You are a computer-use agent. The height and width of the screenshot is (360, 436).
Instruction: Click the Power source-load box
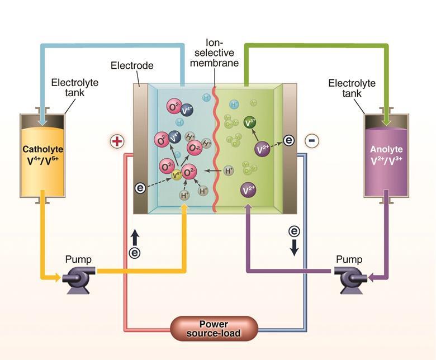click(x=214, y=329)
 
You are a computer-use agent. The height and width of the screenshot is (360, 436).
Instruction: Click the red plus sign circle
click(x=117, y=141)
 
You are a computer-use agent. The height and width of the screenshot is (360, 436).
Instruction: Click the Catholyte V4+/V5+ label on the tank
click(x=43, y=155)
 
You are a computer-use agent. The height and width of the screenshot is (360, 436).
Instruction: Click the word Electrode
click(x=132, y=66)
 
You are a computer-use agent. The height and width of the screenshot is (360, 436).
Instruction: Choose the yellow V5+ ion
click(x=176, y=176)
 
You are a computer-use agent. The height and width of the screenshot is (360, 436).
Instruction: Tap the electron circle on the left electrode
click(x=141, y=188)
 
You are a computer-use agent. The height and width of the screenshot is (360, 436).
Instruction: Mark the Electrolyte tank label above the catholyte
click(x=74, y=88)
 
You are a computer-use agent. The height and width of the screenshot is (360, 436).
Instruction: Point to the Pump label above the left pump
click(x=78, y=259)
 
